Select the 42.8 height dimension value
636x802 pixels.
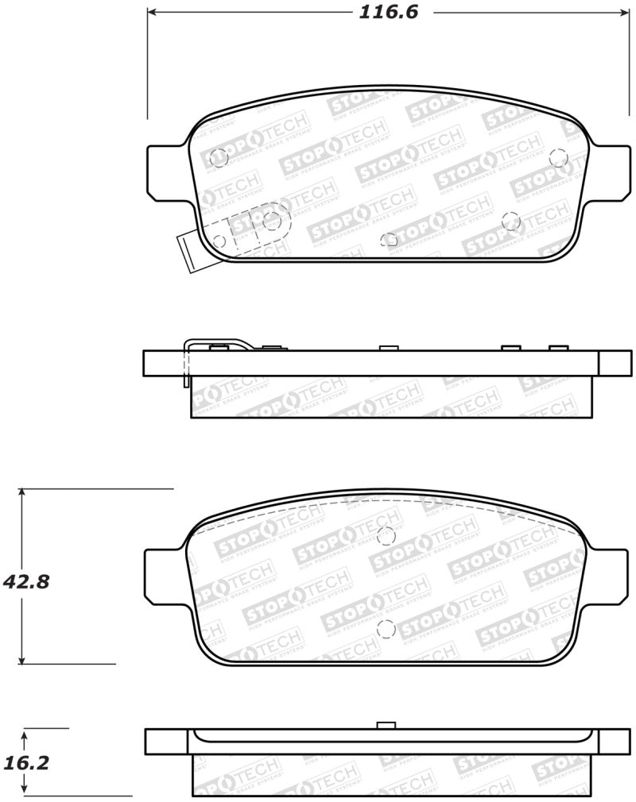pos(26,581)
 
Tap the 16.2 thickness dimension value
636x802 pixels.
pos(26,764)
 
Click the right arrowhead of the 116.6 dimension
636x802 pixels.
pos(621,13)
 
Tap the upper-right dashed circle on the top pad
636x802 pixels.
pos(558,157)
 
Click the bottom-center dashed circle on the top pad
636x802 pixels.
pos(390,239)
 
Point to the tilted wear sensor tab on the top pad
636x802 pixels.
pos(188,251)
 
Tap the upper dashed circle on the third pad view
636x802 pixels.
pos(387,536)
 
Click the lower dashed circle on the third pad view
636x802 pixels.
pos(386,629)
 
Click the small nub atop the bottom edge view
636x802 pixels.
pos(386,725)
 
